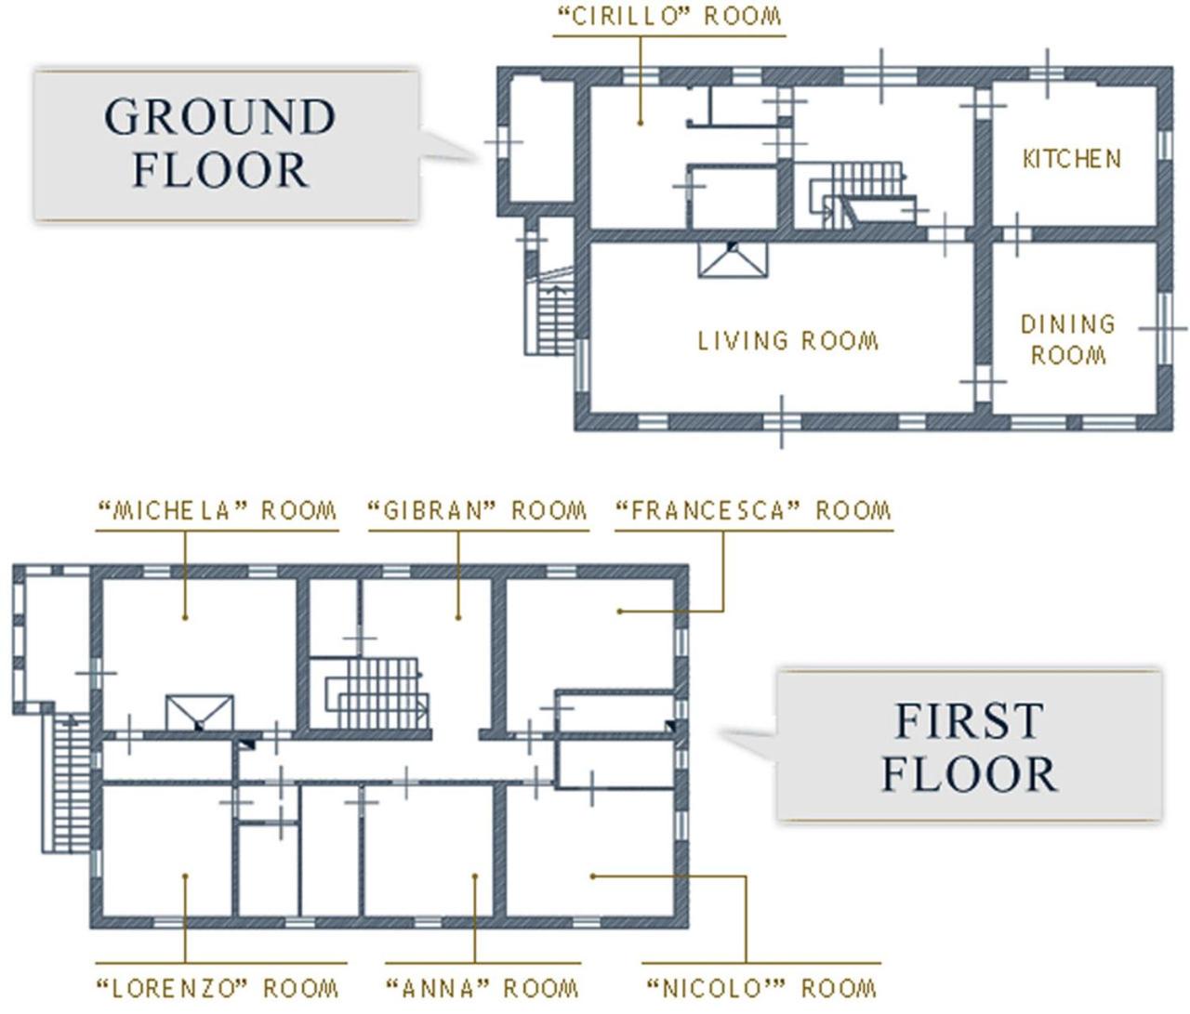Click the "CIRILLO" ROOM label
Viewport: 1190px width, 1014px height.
pyautogui.click(x=669, y=16)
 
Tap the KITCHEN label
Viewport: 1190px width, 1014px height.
pyautogui.click(x=1072, y=160)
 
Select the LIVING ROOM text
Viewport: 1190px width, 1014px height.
pyautogui.click(x=788, y=341)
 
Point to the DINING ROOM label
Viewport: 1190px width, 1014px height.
pyautogui.click(x=1068, y=339)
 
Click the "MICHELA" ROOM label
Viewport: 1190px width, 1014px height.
pyautogui.click(x=218, y=510)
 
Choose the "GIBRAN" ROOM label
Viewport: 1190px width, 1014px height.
pyautogui.click(x=478, y=510)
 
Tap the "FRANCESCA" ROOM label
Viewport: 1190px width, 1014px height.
pyautogui.click(x=754, y=510)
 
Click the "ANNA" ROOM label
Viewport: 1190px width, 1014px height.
pyautogui.click(x=483, y=988)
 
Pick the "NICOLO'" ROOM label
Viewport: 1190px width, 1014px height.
pyautogui.click(x=762, y=988)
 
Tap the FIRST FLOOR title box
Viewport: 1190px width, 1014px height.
pyautogui.click(x=970, y=746)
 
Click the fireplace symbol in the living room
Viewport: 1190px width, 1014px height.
pyautogui.click(x=733, y=259)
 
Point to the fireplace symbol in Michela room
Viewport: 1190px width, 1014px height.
pyautogui.click(x=200, y=714)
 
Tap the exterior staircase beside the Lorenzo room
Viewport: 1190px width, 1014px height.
pyautogui.click(x=66, y=784)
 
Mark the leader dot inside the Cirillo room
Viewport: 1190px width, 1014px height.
pyautogui.click(x=641, y=124)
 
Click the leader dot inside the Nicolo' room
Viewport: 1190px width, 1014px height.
pyautogui.click(x=592, y=876)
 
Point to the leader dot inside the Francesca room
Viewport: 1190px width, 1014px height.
pyautogui.click(x=619, y=612)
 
